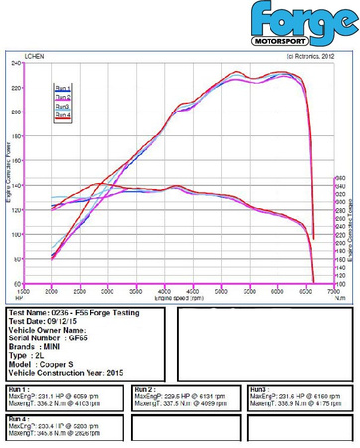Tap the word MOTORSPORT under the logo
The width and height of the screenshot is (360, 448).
[x=296, y=42]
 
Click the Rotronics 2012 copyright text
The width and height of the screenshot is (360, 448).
[x=308, y=56]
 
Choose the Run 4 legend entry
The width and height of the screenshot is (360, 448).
[x=62, y=115]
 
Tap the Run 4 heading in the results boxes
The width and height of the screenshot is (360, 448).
[x=17, y=419]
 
